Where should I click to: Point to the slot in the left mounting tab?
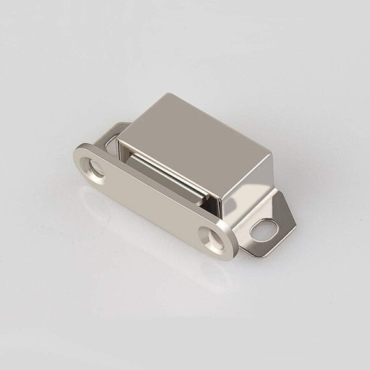(x=112, y=142)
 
